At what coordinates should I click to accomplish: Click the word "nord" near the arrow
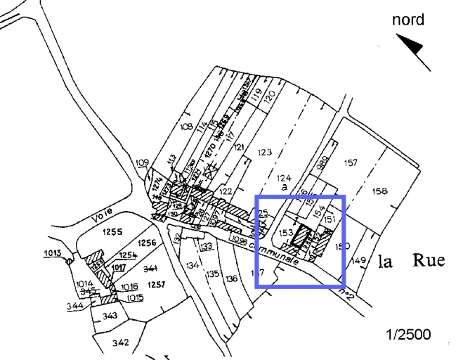(x=408, y=20)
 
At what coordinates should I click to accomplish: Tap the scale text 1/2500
(x=409, y=334)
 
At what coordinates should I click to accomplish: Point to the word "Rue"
(x=428, y=261)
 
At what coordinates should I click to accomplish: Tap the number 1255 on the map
(x=112, y=231)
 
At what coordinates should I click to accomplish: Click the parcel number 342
(x=120, y=342)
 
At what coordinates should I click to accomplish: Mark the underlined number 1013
(x=53, y=252)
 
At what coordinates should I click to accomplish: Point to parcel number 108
(x=186, y=127)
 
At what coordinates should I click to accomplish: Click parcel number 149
(x=358, y=261)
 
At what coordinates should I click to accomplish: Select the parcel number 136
(x=231, y=278)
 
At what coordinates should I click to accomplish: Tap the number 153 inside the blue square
(x=285, y=233)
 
